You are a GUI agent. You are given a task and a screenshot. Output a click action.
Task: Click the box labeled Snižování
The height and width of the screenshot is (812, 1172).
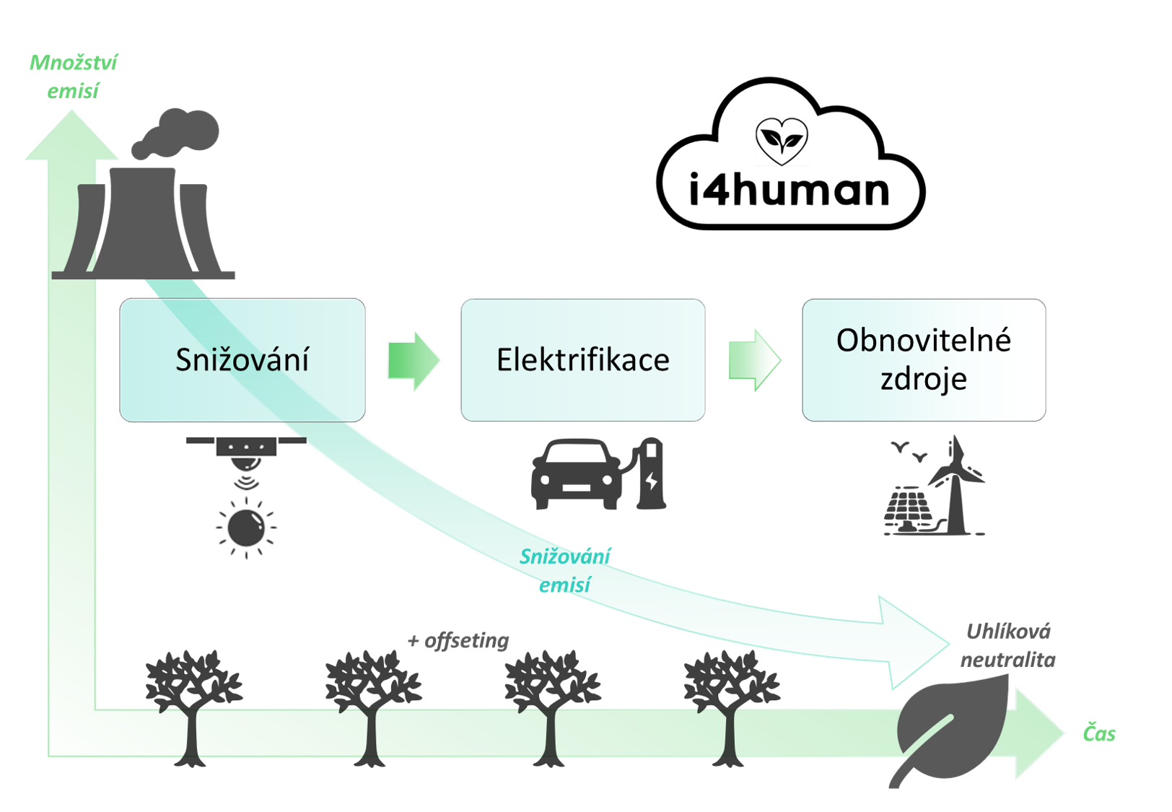(x=242, y=359)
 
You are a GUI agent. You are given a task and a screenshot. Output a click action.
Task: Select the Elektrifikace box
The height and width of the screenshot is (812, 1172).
(x=583, y=359)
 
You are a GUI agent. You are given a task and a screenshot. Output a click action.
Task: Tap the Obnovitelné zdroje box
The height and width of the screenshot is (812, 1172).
(x=924, y=359)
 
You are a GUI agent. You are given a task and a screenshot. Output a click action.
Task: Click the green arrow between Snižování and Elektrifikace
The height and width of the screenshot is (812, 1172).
(x=414, y=360)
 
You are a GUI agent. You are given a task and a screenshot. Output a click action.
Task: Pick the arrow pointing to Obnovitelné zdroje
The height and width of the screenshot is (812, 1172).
(x=755, y=360)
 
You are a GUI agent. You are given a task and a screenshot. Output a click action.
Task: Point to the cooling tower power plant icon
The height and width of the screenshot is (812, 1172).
(x=148, y=224)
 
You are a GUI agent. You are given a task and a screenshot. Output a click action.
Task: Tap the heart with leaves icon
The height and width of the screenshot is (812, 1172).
(x=782, y=141)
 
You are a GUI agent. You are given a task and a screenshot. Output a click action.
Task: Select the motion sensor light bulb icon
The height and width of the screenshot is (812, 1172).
(x=246, y=498)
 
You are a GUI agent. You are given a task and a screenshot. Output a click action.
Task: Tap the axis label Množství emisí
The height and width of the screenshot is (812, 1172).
(x=73, y=77)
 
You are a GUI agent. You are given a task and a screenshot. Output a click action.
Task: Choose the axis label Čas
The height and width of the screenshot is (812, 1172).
(x=1099, y=733)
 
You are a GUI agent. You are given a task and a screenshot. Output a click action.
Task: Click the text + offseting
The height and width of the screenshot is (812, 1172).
(x=458, y=640)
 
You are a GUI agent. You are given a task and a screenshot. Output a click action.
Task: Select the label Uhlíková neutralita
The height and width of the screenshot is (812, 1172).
(x=1008, y=645)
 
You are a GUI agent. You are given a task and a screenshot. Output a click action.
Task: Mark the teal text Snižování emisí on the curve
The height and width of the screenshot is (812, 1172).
(x=565, y=570)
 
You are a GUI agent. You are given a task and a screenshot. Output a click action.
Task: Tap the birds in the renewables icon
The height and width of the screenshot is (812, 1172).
(x=909, y=451)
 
